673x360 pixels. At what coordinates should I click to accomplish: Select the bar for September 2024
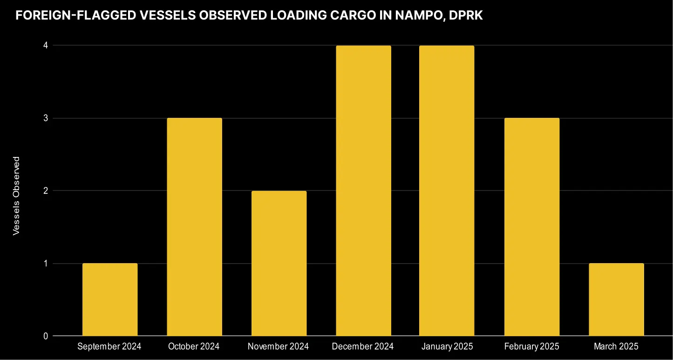coord(110,299)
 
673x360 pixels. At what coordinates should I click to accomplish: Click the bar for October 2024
coord(194,227)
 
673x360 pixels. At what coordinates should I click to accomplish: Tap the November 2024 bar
coord(279,263)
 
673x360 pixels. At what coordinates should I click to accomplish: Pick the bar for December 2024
coord(363,190)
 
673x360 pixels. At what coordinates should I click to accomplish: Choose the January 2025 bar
coord(447,190)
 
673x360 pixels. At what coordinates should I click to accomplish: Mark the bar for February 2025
coord(531,227)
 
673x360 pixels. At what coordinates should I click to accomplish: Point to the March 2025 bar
coord(616,299)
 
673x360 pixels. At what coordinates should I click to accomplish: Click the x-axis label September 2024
coord(109,346)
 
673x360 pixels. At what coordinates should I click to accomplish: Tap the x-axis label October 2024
coord(194,346)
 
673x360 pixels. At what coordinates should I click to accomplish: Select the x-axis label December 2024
coord(363,346)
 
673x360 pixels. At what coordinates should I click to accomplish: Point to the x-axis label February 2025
coord(531,346)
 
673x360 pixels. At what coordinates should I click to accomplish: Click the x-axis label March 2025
coord(616,346)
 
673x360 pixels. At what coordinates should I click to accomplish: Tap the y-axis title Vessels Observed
coord(17,196)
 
